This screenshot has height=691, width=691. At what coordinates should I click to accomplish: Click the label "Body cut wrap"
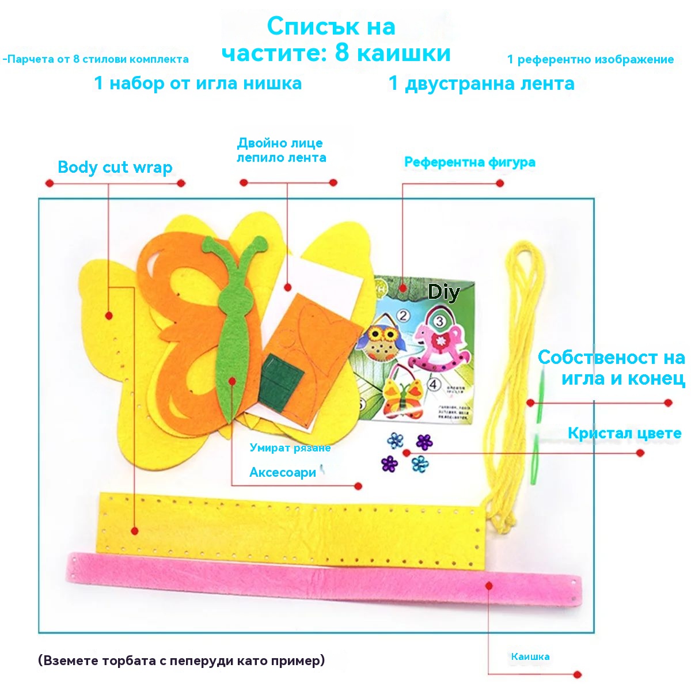pyautogui.click(x=115, y=168)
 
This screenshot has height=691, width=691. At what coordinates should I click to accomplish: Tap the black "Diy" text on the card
pyautogui.click(x=443, y=292)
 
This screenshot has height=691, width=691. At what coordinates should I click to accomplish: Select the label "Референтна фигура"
pyautogui.click(x=469, y=162)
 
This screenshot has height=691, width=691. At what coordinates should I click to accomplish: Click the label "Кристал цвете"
pyautogui.click(x=624, y=433)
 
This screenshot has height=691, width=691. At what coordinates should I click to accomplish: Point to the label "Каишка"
pyautogui.click(x=530, y=656)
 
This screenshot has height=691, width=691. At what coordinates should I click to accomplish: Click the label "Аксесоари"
pyautogui.click(x=283, y=473)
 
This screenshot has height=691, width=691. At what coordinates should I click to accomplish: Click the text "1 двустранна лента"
pyautogui.click(x=481, y=83)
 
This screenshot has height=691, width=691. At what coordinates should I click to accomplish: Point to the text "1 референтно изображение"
pyautogui.click(x=590, y=59)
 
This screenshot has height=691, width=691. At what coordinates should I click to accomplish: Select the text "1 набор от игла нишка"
pyautogui.click(x=198, y=83)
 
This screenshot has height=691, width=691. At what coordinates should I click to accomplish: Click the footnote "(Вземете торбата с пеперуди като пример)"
pyautogui.click(x=181, y=660)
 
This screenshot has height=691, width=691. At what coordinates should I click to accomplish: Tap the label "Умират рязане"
pyautogui.click(x=290, y=447)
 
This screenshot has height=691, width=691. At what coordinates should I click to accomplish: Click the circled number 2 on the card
pyautogui.click(x=403, y=316)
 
